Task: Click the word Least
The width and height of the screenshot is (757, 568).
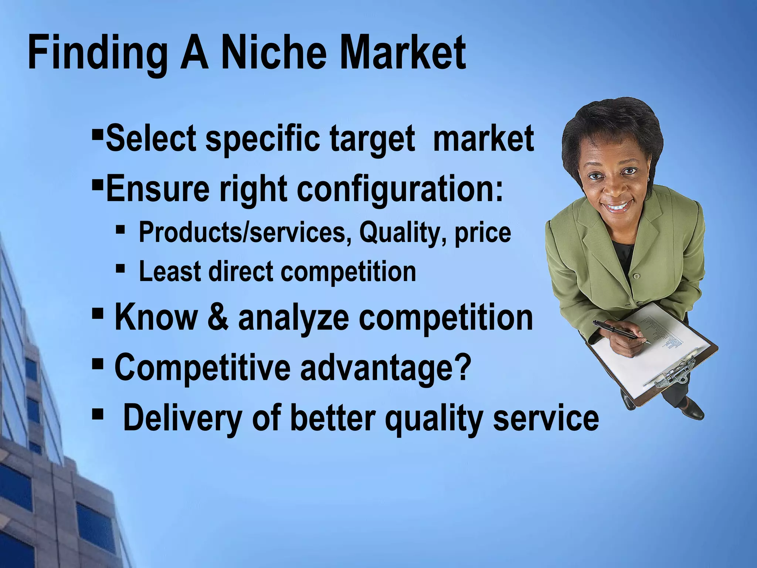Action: click(169, 271)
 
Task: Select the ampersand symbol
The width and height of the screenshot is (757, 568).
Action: click(220, 318)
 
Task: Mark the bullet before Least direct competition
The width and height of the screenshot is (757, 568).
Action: click(120, 267)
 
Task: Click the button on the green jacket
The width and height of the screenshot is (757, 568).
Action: click(636, 275)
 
